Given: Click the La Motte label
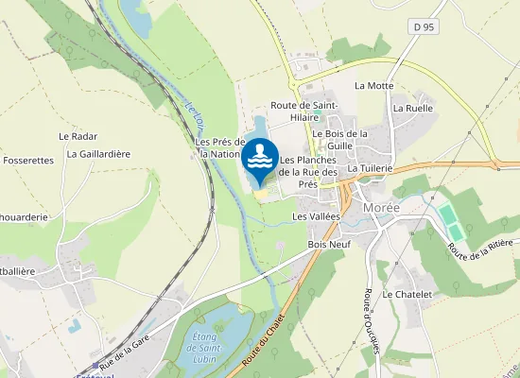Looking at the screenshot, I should coord(373,85).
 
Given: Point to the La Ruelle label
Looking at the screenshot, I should coord(412,108).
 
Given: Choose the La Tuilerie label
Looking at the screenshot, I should coord(370,168).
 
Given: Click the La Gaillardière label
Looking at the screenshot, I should coord(98,154).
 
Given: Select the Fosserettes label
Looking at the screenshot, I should coord(28,161).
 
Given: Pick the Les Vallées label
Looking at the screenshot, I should coord(315,216).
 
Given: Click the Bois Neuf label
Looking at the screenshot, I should coord(330,244).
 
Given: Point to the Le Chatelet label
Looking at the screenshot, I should coord(407,295).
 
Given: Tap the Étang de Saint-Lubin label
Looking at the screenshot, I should coord(204,345).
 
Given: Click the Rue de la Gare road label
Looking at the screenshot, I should coord(126,354).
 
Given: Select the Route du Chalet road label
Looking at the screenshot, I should coord(266,341).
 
